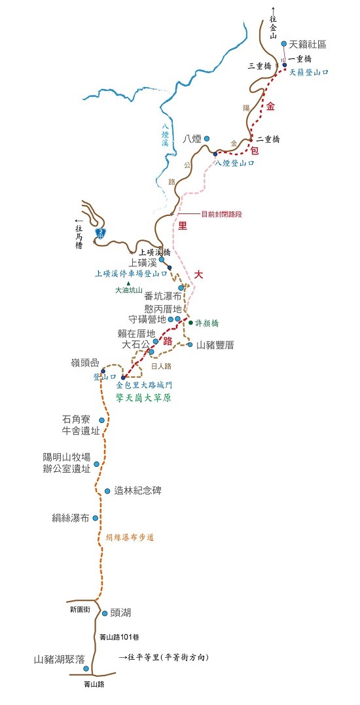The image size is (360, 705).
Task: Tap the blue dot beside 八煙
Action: point(206,138)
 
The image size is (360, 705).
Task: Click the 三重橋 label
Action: point(260,66)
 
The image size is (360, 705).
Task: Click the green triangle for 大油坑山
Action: point(128,283)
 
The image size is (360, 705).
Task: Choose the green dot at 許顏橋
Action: point(190,322)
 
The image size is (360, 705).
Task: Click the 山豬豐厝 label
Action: point(215,344)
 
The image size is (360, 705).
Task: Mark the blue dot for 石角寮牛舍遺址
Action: point(101,420)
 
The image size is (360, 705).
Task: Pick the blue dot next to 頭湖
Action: point(105,613)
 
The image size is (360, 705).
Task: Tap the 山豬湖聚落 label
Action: point(60,660)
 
